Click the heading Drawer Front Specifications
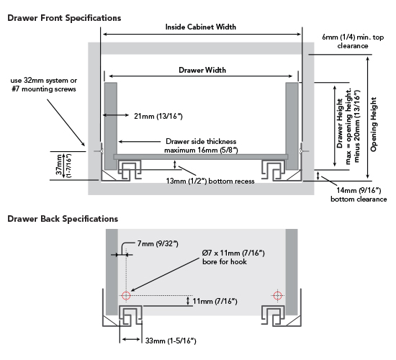(64, 17)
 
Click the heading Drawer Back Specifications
(63, 217)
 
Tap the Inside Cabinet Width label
(201, 27)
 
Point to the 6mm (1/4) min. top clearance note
(346, 40)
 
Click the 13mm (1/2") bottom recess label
(210, 181)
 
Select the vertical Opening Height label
(374, 119)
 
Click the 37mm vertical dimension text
(60, 166)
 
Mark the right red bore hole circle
(278, 295)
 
